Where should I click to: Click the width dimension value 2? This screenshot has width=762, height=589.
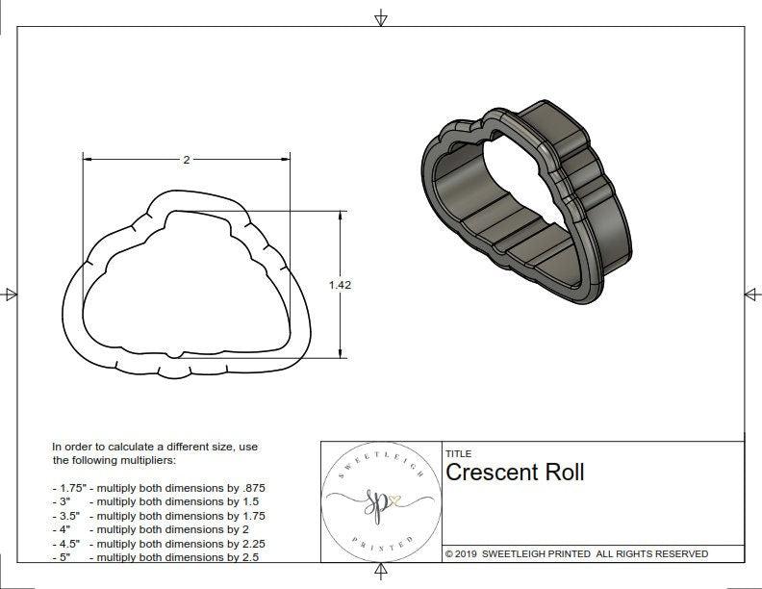click(186, 160)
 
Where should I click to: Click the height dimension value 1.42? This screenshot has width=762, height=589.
click(339, 284)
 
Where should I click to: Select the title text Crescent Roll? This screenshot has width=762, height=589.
click(515, 473)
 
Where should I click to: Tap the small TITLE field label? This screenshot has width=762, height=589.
click(457, 453)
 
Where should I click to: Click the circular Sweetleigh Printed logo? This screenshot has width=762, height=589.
click(380, 500)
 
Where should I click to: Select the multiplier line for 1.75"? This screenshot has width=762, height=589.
click(158, 488)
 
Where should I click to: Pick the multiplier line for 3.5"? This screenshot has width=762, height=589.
click(158, 516)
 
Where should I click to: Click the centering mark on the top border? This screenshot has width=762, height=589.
click(381, 17)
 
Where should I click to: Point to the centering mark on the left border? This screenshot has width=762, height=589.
click(11, 294)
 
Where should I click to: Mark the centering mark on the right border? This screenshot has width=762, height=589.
click(751, 294)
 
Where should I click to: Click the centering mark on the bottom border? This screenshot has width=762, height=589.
click(381, 575)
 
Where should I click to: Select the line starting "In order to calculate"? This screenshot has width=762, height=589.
click(155, 447)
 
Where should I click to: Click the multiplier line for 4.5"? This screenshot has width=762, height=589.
click(158, 544)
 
